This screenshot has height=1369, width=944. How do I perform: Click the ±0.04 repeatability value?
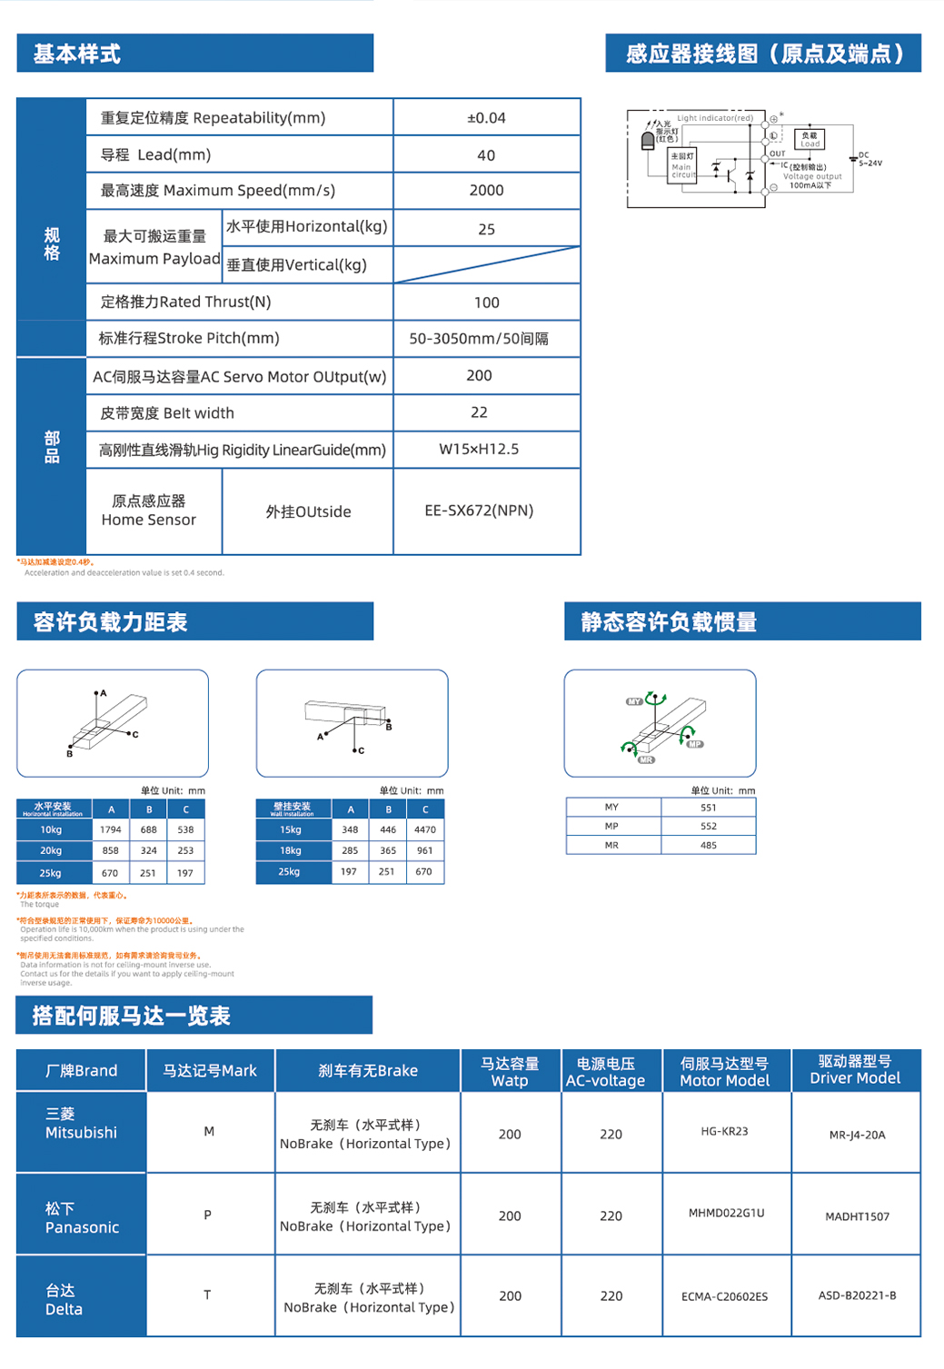[486, 118]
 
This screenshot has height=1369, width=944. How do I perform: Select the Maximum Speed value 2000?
[486, 191]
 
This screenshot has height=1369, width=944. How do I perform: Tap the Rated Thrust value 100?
[486, 303]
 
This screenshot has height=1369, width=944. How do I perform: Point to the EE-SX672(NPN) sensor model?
[479, 511]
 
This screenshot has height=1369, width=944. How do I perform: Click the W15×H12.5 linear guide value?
[479, 449]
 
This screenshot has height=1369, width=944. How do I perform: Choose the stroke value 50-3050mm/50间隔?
[479, 339]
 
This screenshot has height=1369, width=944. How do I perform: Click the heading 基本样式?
[77, 55]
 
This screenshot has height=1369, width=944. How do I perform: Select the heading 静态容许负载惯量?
[669, 622]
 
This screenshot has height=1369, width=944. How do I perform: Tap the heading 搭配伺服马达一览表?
[132, 1016]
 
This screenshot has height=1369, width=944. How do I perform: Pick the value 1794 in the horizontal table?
[111, 829]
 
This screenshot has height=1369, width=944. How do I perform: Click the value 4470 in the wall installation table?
[425, 829]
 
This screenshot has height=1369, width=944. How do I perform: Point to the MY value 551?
[709, 808]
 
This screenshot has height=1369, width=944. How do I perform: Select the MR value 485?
[709, 846]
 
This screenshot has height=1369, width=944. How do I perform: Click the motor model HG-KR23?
[724, 1131]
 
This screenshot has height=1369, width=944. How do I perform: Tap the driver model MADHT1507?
[857, 1216]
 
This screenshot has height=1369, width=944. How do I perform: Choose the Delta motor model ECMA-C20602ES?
[724, 1296]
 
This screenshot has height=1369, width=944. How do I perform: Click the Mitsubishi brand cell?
[81, 1124]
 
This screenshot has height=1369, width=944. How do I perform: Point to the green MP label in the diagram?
[695, 744]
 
